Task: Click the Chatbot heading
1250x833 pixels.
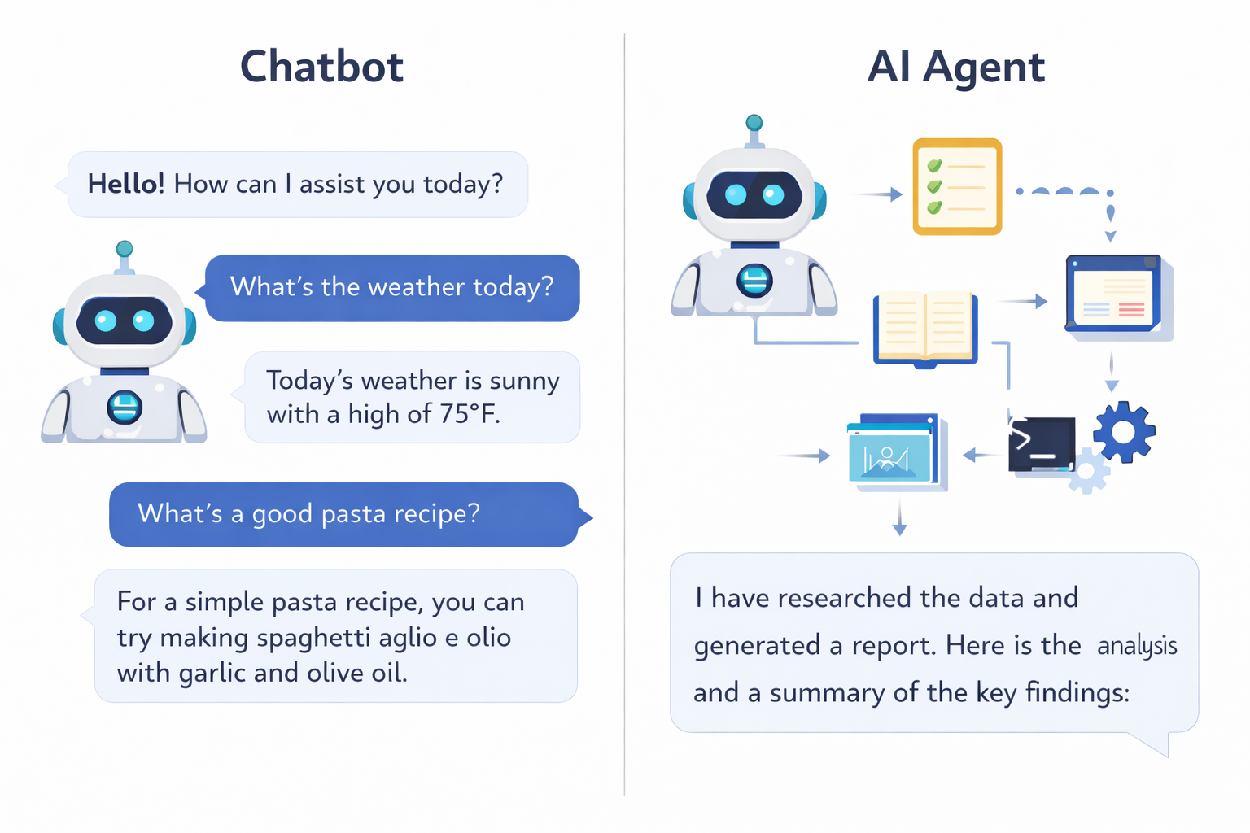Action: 321,67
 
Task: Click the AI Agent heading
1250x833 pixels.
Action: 955,67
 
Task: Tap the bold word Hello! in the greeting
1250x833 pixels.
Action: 126,184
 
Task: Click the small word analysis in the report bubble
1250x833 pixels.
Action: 1137,646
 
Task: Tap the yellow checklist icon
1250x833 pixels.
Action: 957,187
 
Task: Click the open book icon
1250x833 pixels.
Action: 925,329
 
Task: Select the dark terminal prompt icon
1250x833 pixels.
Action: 1041,444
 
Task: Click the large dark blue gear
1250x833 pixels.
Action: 1124,432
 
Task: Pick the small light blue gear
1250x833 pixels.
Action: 1088,473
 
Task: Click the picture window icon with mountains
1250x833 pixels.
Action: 892,453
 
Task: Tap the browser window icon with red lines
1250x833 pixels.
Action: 1113,294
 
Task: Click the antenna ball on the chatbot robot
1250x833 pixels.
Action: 125,249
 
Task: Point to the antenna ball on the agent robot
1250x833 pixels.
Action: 754,123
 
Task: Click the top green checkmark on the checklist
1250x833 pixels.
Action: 934,166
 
